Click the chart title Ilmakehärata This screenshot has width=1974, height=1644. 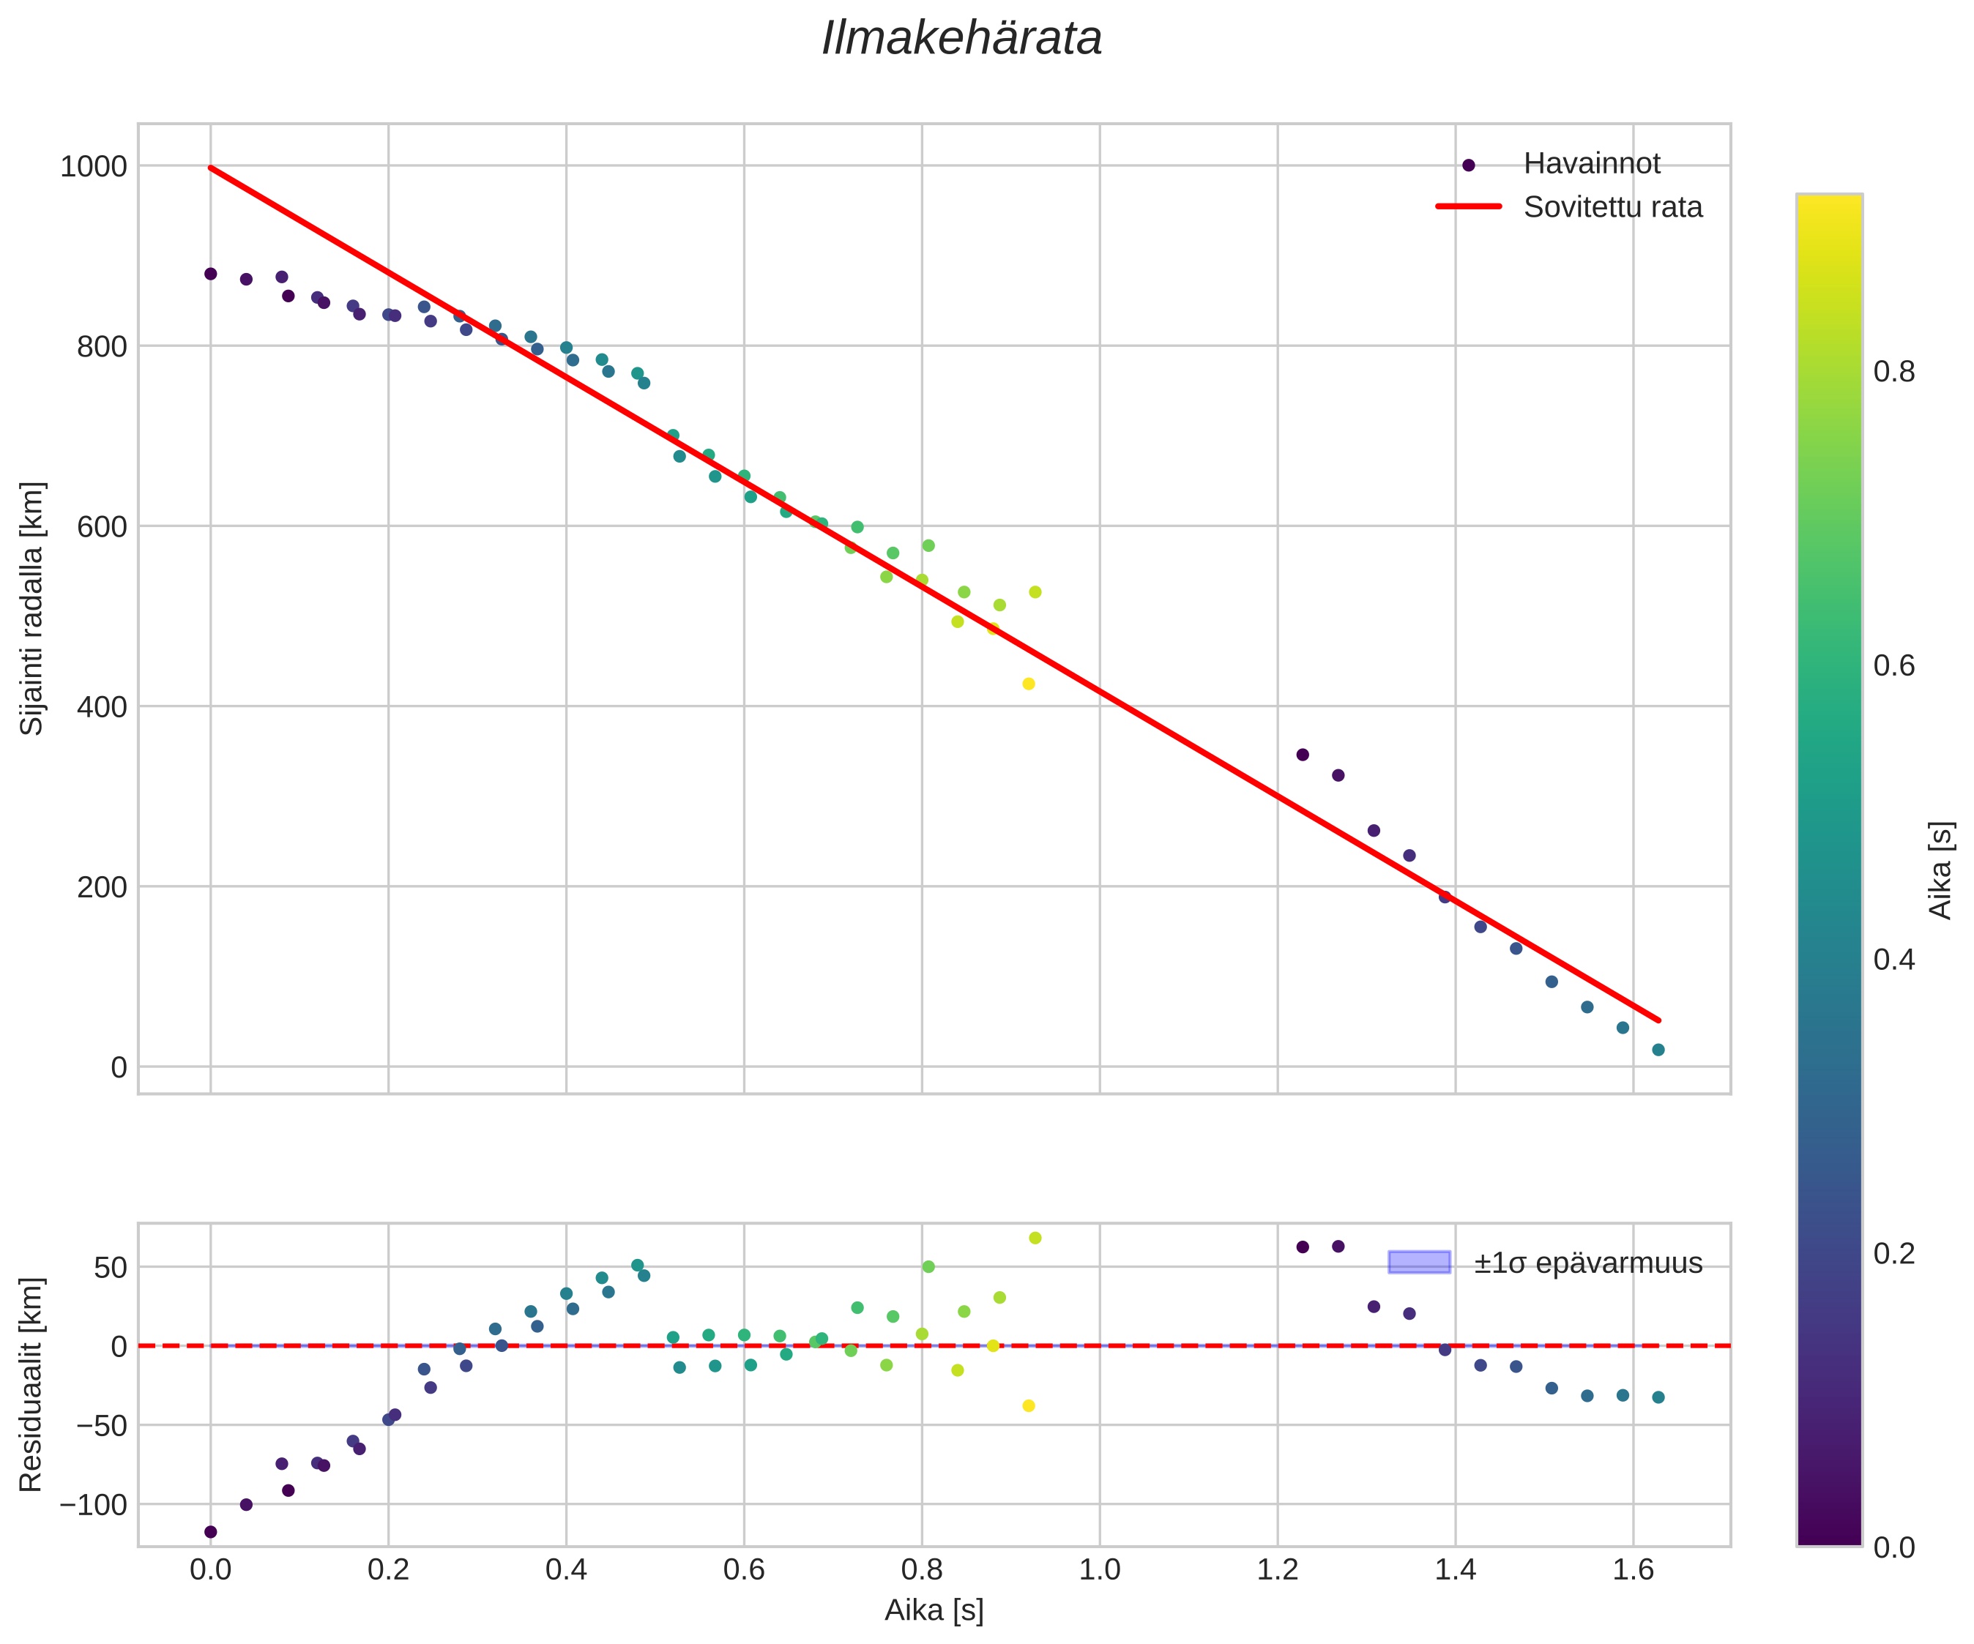pyautogui.click(x=961, y=40)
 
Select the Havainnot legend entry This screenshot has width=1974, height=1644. pyautogui.click(x=1591, y=163)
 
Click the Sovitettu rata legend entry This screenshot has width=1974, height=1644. pyautogui.click(x=1612, y=207)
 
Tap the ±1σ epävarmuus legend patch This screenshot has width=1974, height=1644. pyautogui.click(x=1420, y=1263)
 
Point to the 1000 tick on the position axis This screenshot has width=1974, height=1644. pyautogui.click(x=93, y=166)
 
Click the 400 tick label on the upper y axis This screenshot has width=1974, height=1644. pyautogui.click(x=102, y=707)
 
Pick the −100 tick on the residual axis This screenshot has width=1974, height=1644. pyautogui.click(x=93, y=1505)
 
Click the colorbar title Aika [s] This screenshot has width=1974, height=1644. pyautogui.click(x=1941, y=870)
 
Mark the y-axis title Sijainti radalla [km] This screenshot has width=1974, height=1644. pyautogui.click(x=32, y=608)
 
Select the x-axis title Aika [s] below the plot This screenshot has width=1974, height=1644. pyautogui.click(x=934, y=1611)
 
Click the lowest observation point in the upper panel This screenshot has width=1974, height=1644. pyautogui.click(x=1658, y=1050)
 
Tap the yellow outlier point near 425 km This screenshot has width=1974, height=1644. pyautogui.click(x=1028, y=684)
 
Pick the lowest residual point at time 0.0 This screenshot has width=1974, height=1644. pyautogui.click(x=211, y=1532)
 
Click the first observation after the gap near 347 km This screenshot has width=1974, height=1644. pyautogui.click(x=1303, y=755)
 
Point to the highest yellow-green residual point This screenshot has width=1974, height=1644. pyautogui.click(x=1035, y=1238)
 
